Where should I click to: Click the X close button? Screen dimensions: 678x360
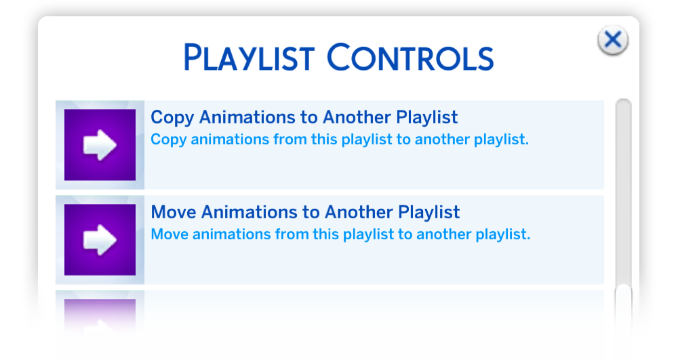[x=613, y=40]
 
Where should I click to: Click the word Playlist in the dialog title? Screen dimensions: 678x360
[x=249, y=58]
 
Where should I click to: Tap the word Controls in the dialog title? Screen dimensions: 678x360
[x=410, y=57]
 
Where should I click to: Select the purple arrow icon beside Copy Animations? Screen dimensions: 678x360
[x=100, y=145]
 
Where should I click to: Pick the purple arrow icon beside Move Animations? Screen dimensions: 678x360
[x=100, y=240]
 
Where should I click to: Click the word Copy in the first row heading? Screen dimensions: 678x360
[x=172, y=117]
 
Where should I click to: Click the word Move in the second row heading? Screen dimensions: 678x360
[x=174, y=212]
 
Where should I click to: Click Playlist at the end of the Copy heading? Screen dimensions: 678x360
[x=426, y=117]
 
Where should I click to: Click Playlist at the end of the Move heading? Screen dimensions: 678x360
[x=429, y=213]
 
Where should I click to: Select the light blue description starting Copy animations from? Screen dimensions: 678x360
[x=340, y=140]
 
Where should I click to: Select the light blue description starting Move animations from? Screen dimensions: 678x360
[x=340, y=235]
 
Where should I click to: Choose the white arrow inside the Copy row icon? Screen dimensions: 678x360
[x=100, y=145]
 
